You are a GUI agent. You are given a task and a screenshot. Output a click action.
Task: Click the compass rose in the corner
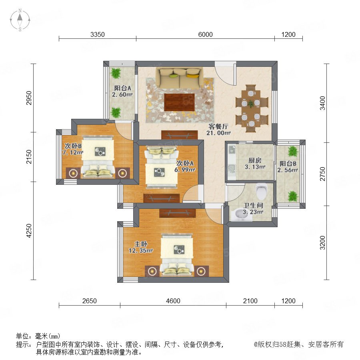pyautogui.click(x=20, y=20)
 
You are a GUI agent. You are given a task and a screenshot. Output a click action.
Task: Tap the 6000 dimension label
pyautogui.click(x=205, y=34)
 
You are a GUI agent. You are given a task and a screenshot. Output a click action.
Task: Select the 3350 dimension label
pyautogui.click(x=97, y=34)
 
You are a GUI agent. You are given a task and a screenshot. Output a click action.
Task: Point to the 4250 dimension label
pyautogui.click(x=29, y=230)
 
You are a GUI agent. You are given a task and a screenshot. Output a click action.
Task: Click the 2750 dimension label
pyautogui.click(x=322, y=174)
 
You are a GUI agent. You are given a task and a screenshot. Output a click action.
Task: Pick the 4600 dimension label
pyautogui.click(x=173, y=301)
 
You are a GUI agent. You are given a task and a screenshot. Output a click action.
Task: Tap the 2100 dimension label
pyautogui.click(x=250, y=301)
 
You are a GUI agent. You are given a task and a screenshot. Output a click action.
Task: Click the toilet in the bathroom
pyautogui.click(x=262, y=191)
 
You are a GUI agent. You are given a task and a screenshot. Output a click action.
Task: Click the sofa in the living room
pyautogui.click(x=179, y=78)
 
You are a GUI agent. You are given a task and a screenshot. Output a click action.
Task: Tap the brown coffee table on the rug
pyautogui.click(x=179, y=102)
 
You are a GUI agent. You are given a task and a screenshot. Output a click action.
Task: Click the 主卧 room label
pyautogui.click(x=141, y=244)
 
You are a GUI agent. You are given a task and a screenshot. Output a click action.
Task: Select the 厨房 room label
pyautogui.click(x=255, y=160)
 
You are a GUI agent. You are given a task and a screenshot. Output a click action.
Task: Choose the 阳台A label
pyautogui.click(x=123, y=88)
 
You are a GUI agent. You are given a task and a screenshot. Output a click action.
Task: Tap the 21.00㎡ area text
pyautogui.click(x=218, y=133)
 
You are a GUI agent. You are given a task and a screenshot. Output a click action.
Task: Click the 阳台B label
pyautogui.click(x=288, y=164)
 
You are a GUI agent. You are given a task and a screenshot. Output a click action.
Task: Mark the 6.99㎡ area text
pyautogui.click(x=185, y=170)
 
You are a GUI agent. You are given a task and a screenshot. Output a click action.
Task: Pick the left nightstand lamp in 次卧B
pyautogui.click(x=73, y=173)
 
